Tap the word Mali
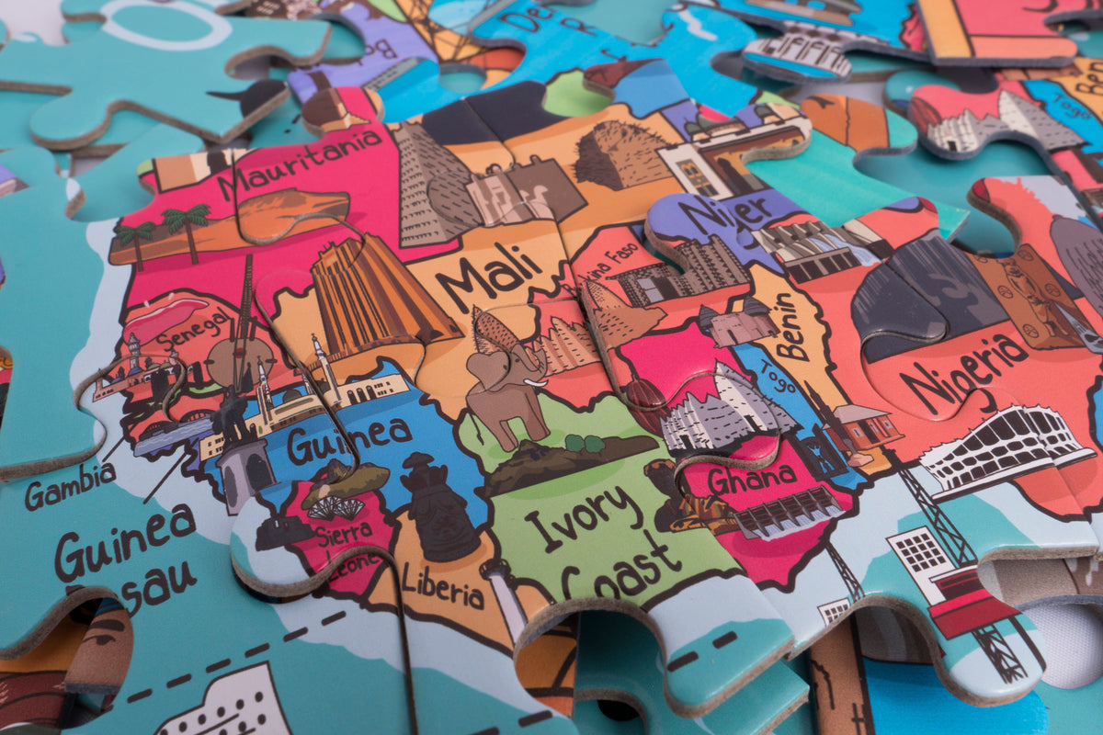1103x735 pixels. pyautogui.click(x=487, y=270)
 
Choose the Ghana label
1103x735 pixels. pyautogui.click(x=752, y=479)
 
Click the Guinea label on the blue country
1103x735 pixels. pyautogui.click(x=348, y=439)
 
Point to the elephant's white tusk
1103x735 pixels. pyautogui.click(x=534, y=383)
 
